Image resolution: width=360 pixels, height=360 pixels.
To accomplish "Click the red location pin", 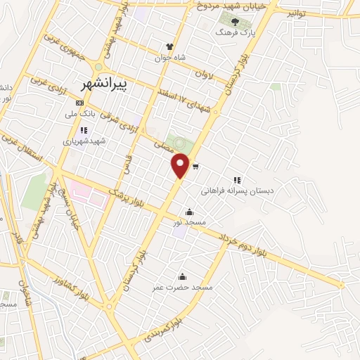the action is coord(181,165).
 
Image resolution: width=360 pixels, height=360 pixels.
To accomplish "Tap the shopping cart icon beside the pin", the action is coord(195,167).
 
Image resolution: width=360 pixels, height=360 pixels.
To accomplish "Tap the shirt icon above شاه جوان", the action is coord(169,46).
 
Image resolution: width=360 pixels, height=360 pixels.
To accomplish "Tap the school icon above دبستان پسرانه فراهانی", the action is coord(237,180).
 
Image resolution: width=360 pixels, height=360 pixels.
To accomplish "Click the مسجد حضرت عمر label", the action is coord(184,287).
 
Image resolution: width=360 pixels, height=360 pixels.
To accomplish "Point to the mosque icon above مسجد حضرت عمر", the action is coord(183,276).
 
